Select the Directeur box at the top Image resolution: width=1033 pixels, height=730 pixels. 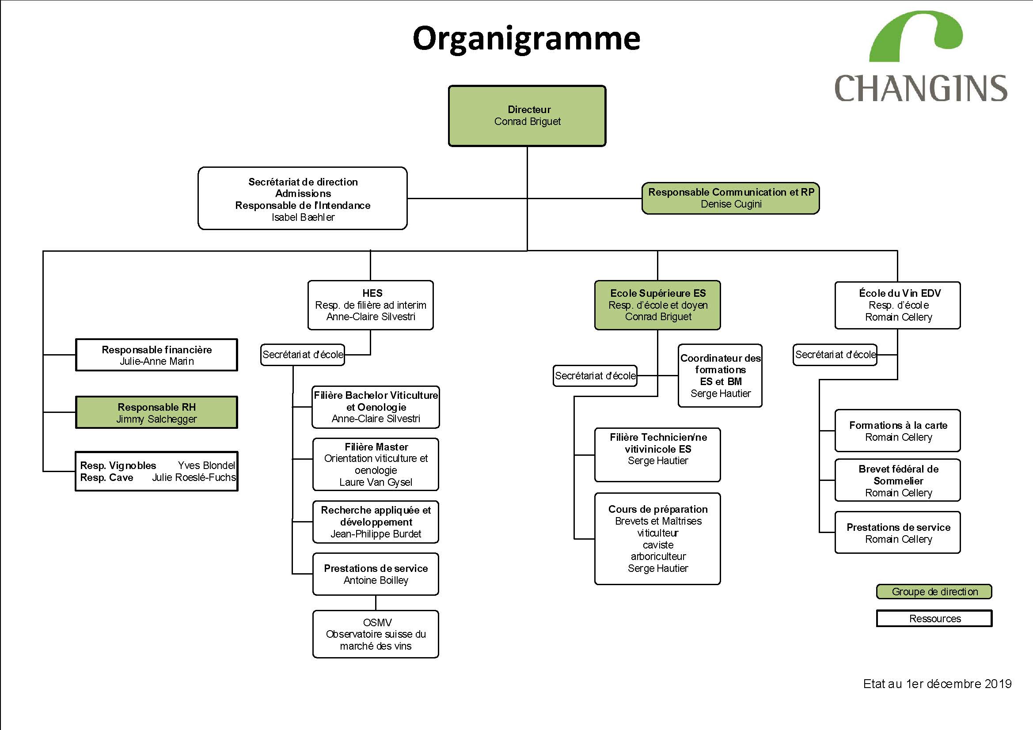click(x=527, y=116)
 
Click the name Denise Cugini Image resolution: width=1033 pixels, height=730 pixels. click(x=731, y=204)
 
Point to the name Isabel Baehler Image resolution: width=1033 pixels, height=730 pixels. click(x=303, y=217)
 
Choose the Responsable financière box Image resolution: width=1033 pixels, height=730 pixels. click(x=156, y=355)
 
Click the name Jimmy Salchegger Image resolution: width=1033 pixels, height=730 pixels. click(x=156, y=419)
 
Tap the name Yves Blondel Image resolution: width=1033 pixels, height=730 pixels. click(x=206, y=465)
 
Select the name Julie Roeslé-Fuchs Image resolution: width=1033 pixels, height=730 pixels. click(x=194, y=478)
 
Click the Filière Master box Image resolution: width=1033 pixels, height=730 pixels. click(x=376, y=464)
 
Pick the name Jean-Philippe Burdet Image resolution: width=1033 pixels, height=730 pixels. click(x=376, y=534)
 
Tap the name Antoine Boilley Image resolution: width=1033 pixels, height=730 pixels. click(x=376, y=580)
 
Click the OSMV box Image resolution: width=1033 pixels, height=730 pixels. click(x=376, y=634)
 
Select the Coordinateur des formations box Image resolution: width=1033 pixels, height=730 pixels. click(x=720, y=375)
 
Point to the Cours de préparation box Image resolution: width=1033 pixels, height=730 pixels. click(x=657, y=539)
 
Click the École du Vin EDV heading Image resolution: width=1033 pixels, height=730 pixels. click(x=900, y=293)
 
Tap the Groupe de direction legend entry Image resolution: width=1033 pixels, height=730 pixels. click(x=934, y=591)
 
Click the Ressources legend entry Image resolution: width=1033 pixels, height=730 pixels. click(x=934, y=618)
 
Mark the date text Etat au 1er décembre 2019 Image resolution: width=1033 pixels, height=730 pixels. click(x=937, y=684)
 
